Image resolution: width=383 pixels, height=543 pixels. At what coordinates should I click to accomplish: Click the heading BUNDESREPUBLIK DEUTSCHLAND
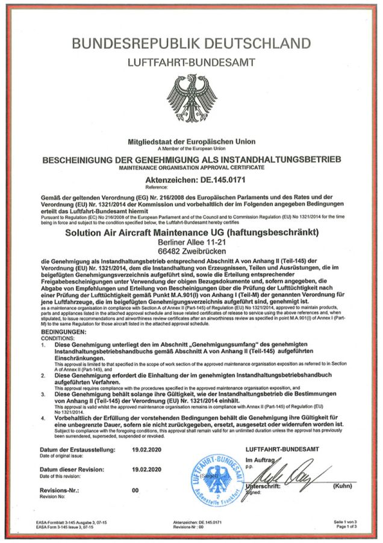[191, 43]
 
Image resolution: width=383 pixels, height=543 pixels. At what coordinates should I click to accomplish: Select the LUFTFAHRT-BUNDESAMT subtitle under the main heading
[191, 62]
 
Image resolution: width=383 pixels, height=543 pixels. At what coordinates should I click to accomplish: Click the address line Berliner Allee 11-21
[191, 243]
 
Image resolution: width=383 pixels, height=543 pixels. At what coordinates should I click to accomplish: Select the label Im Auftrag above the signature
[261, 460]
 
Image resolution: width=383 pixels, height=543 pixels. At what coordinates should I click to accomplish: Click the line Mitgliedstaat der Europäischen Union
[191, 141]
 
